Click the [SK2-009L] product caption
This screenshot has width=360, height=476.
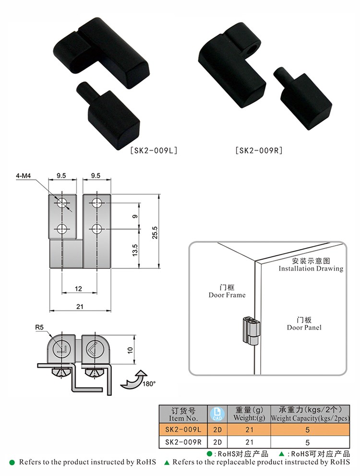coord(154,150)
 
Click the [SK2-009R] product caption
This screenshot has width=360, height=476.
coord(259,150)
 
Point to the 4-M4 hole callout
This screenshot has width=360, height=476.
coord(24,176)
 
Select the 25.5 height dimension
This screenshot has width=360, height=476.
coord(155,232)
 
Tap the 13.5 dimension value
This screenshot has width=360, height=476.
coord(135,250)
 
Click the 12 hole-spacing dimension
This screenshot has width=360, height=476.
coord(78,289)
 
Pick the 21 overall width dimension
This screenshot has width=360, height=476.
coord(80,307)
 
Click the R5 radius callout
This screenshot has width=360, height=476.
coord(39,328)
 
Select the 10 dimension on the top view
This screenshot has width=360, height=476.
coord(131,350)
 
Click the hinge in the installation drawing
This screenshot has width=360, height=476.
coord(251,331)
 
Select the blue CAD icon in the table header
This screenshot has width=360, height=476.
coord(217,414)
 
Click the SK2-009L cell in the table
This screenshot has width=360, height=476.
coord(183,429)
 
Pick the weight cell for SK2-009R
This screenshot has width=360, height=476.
coord(249,442)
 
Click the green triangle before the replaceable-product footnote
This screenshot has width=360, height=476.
coord(167,463)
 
